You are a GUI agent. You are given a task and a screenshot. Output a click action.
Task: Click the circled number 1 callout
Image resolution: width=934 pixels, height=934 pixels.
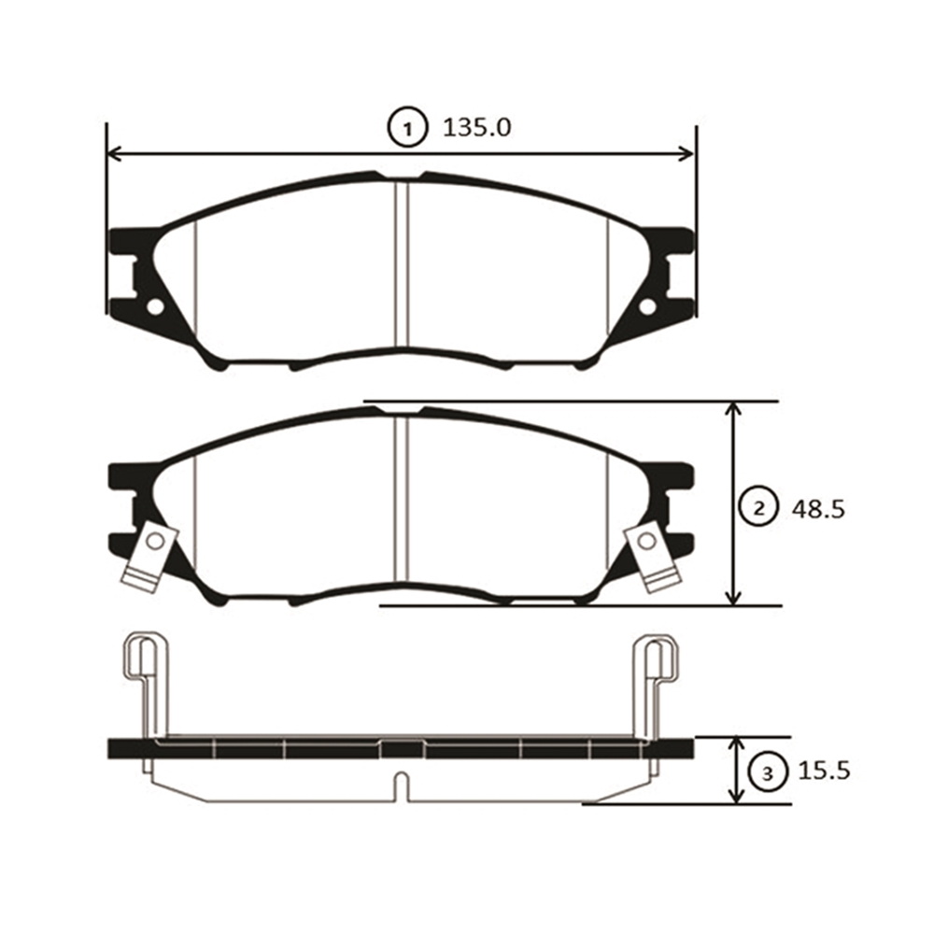[407, 128]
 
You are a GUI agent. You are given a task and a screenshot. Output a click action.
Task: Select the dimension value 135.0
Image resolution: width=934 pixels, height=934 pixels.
[476, 127]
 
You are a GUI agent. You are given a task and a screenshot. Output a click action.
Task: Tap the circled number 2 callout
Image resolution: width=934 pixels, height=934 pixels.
[758, 508]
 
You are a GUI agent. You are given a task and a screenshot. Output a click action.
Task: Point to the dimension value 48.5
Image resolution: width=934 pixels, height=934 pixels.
[818, 509]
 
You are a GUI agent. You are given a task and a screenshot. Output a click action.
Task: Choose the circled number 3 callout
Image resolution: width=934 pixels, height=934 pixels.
[767, 773]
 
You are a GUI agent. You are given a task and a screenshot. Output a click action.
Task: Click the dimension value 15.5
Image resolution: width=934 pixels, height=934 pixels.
[824, 771]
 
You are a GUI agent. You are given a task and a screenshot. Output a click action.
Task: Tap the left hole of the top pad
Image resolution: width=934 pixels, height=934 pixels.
[155, 306]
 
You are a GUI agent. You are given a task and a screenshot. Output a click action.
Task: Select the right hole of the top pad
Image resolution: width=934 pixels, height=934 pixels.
[647, 306]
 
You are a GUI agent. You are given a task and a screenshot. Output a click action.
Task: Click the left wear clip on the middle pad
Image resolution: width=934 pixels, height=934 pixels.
[149, 557]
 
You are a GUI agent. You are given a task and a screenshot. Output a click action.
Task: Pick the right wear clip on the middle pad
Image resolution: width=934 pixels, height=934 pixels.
[652, 557]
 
